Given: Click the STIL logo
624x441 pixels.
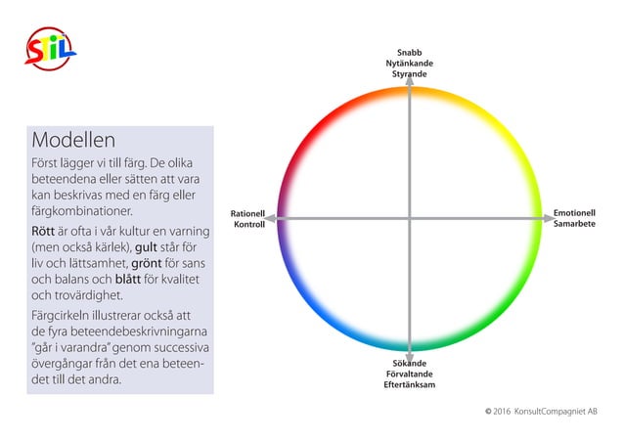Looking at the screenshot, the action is pos(51,49).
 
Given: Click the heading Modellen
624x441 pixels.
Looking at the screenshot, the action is pos(73,140).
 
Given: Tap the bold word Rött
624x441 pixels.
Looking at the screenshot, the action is pos(43,231).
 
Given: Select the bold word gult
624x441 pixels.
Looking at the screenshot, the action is pos(146,247).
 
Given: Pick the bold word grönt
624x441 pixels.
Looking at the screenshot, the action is pos(147,263).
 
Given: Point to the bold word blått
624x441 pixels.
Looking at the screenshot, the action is pos(128,279).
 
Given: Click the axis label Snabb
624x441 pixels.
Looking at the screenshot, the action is pos(410,53).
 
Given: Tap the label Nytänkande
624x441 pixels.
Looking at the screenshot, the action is pos(410,64).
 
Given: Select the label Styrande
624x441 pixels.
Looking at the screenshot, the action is pos(410,74).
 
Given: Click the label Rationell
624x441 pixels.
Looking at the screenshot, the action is pos(247,214).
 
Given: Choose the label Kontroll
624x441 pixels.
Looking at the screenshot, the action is pos(249,225).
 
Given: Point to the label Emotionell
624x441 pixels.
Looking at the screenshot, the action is pos(574,213).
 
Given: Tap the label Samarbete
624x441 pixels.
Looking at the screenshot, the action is pos(574,224).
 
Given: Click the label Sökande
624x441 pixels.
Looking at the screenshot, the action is pos(410,364).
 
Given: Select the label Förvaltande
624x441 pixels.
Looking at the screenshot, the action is pos(410,375).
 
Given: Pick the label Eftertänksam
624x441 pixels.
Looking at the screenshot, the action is pos(410,385).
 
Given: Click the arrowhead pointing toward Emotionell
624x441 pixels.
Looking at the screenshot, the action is pos(550,218).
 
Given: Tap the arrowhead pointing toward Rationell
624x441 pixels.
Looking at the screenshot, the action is pos(270,218).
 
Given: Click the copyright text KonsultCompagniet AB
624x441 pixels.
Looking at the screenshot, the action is pos(556,412).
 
